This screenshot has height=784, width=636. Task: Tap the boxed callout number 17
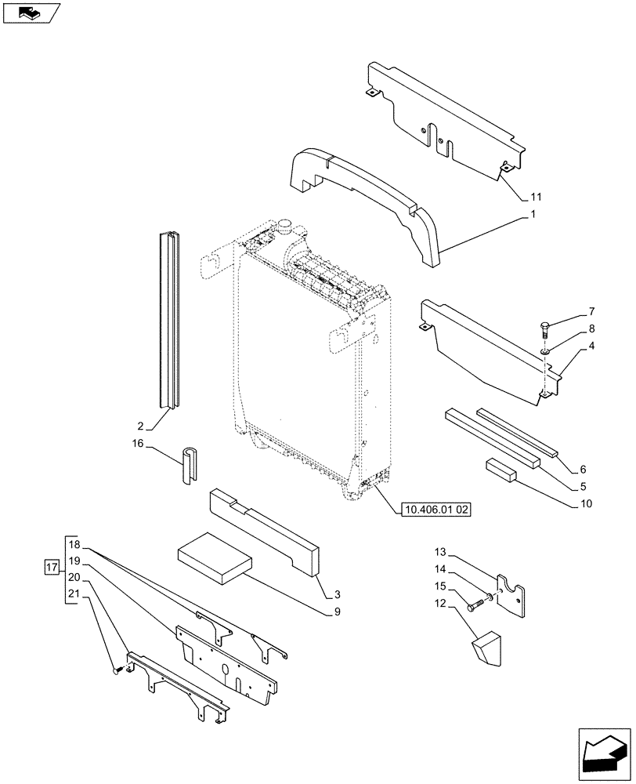pos(52,566)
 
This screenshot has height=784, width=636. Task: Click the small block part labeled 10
pos(499,469)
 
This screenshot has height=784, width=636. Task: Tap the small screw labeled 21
pos(118,670)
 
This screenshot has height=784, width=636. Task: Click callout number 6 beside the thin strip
pos(582,470)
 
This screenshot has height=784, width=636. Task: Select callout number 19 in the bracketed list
pos(74,561)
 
